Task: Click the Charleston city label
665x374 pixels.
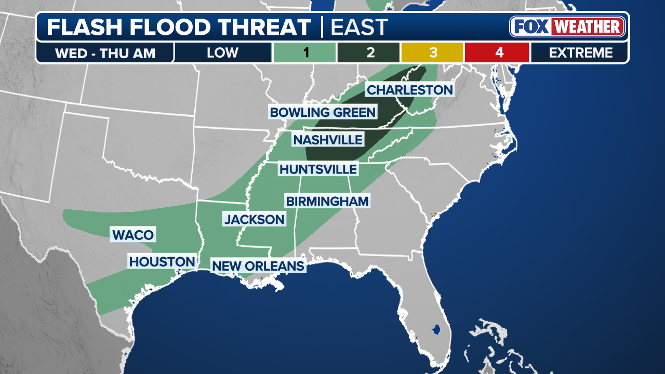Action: (410, 90)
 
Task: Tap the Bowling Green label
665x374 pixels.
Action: (322, 112)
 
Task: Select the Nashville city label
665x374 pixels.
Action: (327, 140)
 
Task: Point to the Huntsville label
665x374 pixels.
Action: (318, 169)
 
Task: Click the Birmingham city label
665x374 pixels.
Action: (327, 201)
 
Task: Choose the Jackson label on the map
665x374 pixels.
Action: (254, 219)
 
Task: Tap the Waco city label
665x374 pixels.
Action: (133, 235)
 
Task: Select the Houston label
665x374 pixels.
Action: (162, 262)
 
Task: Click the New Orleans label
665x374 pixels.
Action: (258, 266)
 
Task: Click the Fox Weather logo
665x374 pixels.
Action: (567, 27)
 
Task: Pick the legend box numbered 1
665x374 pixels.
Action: (304, 52)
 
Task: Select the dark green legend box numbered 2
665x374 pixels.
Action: (369, 52)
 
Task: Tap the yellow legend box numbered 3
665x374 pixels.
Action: (432, 52)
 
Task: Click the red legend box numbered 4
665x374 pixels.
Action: (497, 52)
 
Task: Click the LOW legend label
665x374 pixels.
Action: (222, 52)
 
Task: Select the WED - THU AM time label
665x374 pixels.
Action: (104, 53)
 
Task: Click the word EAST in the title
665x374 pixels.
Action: (359, 27)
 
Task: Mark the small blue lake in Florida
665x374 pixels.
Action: (436, 329)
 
